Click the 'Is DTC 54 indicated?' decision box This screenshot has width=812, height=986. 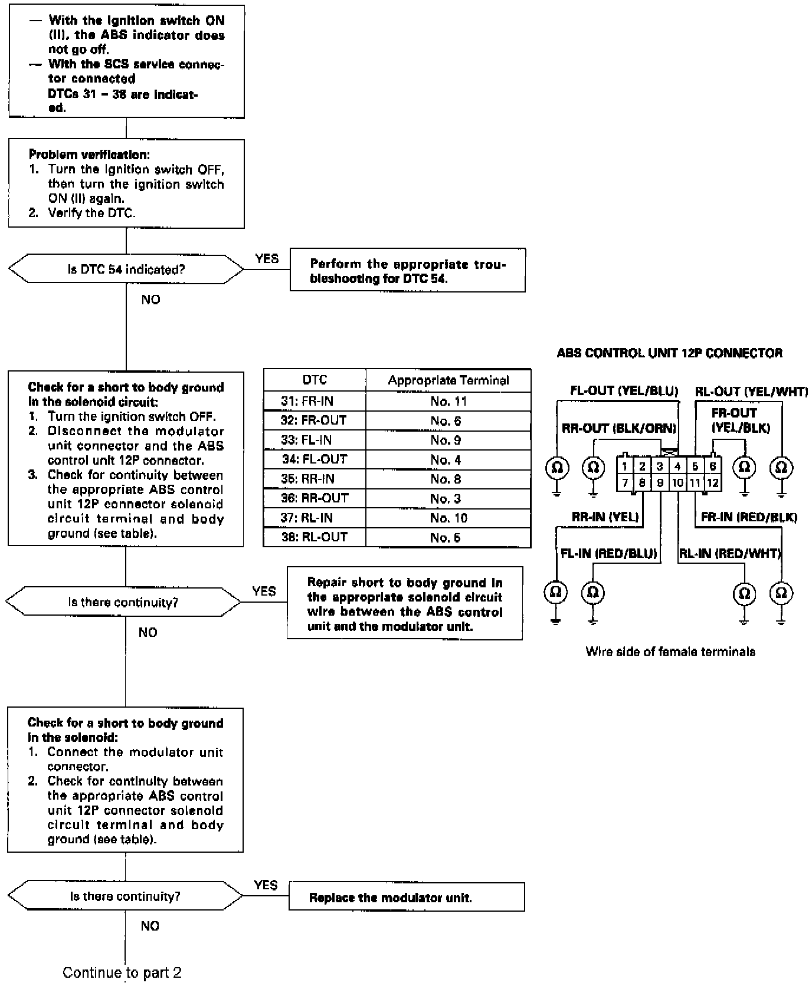click(126, 269)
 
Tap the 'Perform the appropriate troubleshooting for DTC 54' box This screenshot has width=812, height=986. click(407, 271)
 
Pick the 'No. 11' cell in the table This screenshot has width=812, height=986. click(448, 402)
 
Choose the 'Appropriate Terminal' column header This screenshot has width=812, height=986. click(448, 380)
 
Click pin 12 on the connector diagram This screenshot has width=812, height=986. click(713, 483)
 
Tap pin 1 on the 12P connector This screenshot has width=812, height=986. click(624, 466)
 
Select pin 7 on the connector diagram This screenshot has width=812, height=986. click(624, 483)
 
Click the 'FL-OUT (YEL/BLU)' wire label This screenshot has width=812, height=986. click(624, 391)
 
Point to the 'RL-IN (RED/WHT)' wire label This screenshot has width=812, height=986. click(730, 553)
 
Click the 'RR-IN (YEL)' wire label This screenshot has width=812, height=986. click(605, 517)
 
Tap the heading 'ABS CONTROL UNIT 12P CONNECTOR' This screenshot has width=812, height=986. click(670, 353)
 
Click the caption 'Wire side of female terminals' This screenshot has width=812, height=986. click(670, 652)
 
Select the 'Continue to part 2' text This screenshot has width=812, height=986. click(122, 972)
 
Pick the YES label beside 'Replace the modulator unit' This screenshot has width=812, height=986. click(266, 885)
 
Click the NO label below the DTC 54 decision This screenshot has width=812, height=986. click(150, 300)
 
